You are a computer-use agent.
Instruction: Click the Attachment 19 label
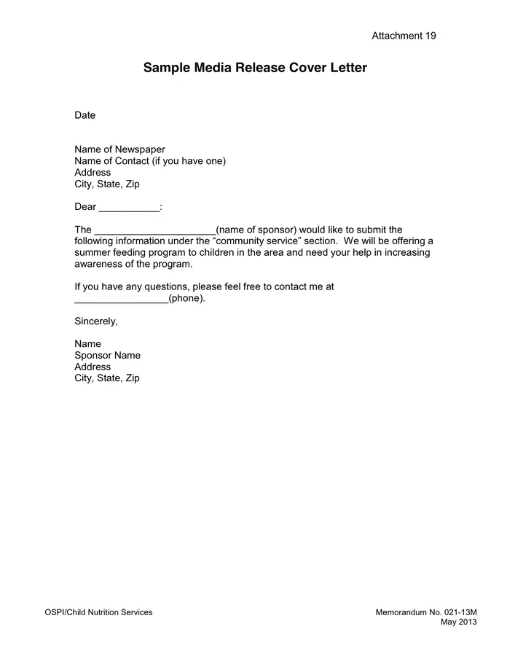pyautogui.click(x=404, y=36)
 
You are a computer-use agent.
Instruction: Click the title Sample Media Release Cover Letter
pyautogui.click(x=255, y=68)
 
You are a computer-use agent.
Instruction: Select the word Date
pyautogui.click(x=85, y=115)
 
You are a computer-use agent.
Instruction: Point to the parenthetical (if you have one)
pyautogui.click(x=189, y=161)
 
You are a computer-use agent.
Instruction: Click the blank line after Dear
pyautogui.click(x=129, y=207)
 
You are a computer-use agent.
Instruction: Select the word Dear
pyautogui.click(x=85, y=207)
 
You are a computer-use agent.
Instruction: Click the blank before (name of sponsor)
pyautogui.click(x=155, y=230)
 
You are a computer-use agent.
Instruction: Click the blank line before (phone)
pyautogui.click(x=121, y=299)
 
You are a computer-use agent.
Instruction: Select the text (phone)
pyautogui.click(x=186, y=298)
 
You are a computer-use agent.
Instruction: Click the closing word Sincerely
pyautogui.click(x=95, y=321)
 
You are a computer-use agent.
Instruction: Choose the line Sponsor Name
pyautogui.click(x=107, y=356)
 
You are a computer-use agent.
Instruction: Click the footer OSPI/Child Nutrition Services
pyautogui.click(x=99, y=612)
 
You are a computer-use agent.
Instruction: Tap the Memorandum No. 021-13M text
pyautogui.click(x=426, y=612)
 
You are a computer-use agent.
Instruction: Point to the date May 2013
pyautogui.click(x=459, y=622)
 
